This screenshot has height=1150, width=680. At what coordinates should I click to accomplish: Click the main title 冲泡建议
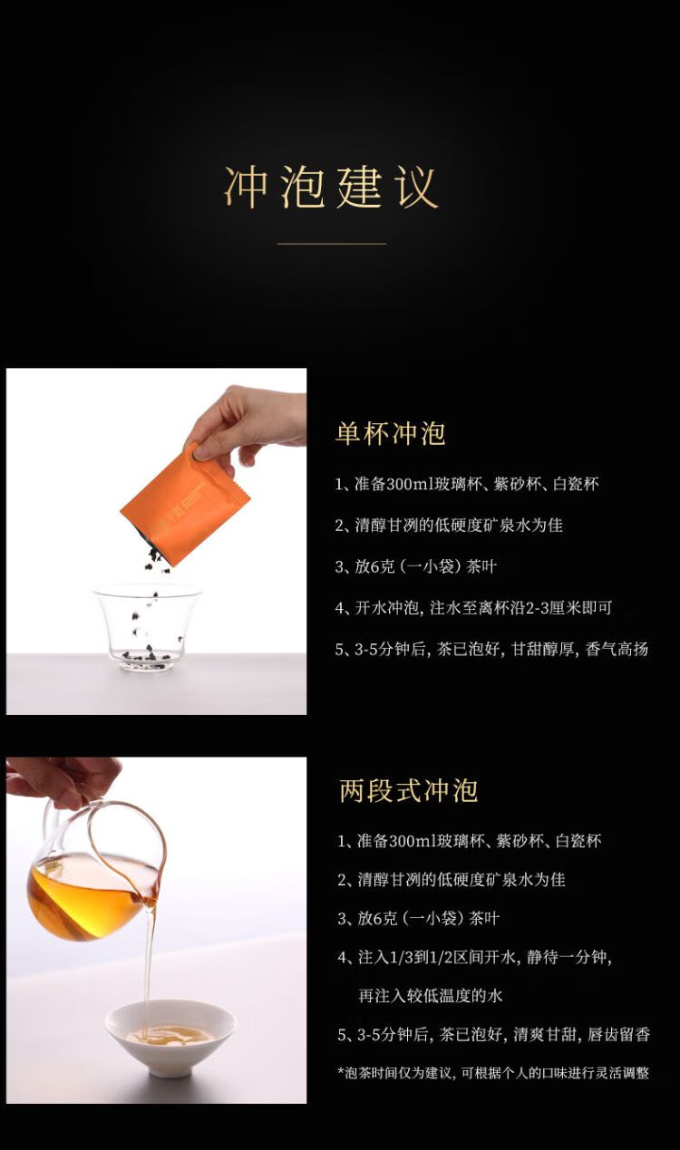(331, 187)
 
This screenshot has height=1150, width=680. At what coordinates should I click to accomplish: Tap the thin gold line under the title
(332, 244)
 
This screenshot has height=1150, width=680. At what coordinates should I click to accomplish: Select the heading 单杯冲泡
(391, 433)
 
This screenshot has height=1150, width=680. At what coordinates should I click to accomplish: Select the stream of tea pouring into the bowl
(149, 971)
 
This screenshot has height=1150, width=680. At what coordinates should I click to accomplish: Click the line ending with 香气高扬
(491, 650)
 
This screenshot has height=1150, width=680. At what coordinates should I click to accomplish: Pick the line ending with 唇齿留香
(494, 1035)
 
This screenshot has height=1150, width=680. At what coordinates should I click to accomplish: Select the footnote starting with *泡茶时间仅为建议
(493, 1073)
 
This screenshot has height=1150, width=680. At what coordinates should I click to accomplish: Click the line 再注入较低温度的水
(431, 996)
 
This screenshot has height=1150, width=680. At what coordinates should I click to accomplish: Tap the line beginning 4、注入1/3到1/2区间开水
(475, 957)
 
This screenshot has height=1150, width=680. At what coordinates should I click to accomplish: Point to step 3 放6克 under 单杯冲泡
(415, 566)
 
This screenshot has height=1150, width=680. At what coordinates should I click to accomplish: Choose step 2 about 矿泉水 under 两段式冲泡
(452, 879)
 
